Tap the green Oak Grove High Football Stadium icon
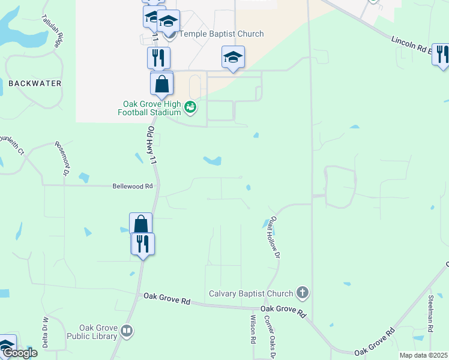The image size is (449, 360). (190, 107)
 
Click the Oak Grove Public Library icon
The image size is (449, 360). (127, 331)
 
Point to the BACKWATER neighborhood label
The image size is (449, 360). (35, 83)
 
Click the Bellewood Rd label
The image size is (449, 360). (133, 187)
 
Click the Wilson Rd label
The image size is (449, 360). (253, 329)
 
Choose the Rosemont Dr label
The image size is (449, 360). (61, 158)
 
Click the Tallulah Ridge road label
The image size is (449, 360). (58, 37)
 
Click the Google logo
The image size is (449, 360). (19, 353)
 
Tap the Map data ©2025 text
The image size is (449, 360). (423, 355)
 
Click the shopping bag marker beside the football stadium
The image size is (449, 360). (162, 84)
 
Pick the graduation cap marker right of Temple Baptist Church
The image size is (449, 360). (233, 58)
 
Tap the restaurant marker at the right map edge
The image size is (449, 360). (442, 55)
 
